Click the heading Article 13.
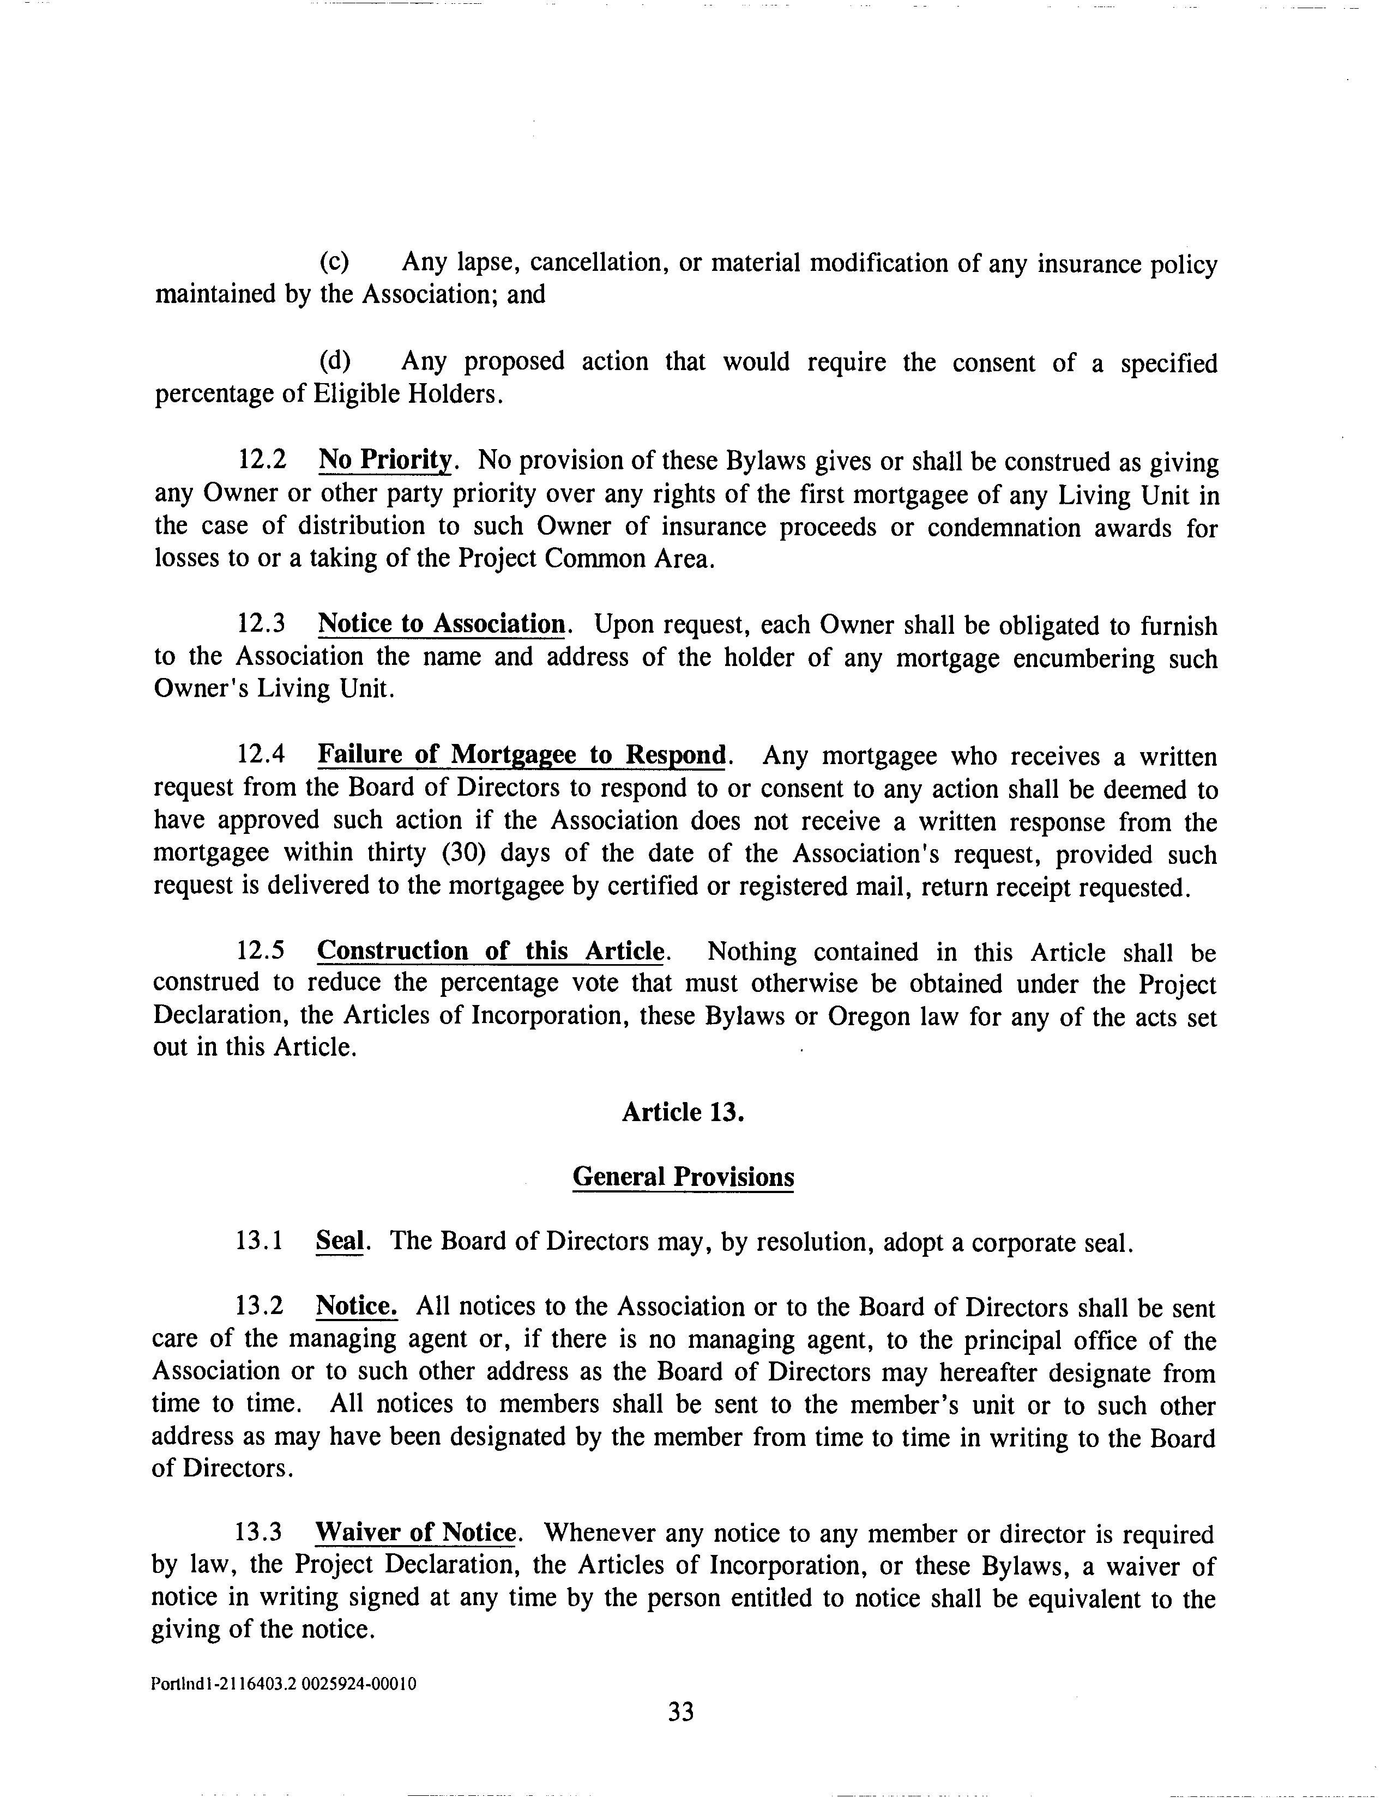(683, 1112)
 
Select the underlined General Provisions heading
(683, 1177)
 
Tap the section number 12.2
(262, 459)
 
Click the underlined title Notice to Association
(442, 624)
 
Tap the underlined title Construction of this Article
(491, 951)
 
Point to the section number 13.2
(260, 1306)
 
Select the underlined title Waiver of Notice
(416, 1533)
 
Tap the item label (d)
(334, 361)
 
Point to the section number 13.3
(258, 1533)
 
